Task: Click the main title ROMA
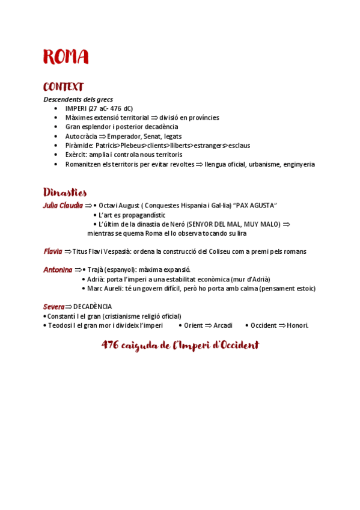tap(66, 57)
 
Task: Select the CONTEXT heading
tap(63, 87)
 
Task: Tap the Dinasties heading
tap(65, 192)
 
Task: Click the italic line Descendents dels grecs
tap(78, 99)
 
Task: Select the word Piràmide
tap(79, 146)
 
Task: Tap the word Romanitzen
tap(84, 164)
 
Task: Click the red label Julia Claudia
tap(63, 206)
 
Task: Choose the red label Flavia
tap(53, 251)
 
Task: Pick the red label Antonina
tap(58, 270)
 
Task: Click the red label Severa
tap(53, 307)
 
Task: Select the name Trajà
tap(96, 270)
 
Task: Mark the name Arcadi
tap(223, 325)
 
